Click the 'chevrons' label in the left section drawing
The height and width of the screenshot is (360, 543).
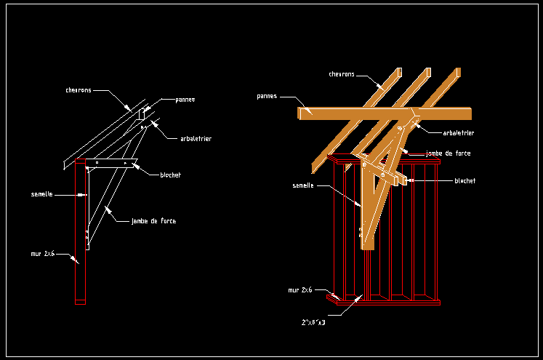pos(79,91)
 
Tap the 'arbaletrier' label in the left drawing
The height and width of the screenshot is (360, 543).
pos(196,138)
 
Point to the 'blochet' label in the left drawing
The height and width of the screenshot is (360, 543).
pos(170,175)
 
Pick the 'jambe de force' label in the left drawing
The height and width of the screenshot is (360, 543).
pos(153,220)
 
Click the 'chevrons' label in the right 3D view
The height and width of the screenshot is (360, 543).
pos(342,74)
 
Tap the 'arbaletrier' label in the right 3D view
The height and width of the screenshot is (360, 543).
pos(459,133)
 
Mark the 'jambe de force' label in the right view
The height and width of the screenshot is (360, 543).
pos(449,153)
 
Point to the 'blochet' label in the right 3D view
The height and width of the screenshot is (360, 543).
pos(465,180)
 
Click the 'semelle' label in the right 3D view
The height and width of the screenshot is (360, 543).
pos(303,185)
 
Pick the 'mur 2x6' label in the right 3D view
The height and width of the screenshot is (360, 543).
pos(300,289)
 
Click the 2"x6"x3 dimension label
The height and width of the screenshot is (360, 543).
pos(313,321)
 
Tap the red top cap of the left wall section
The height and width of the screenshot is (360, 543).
pos(80,161)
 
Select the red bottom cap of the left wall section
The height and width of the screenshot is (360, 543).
pos(80,302)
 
